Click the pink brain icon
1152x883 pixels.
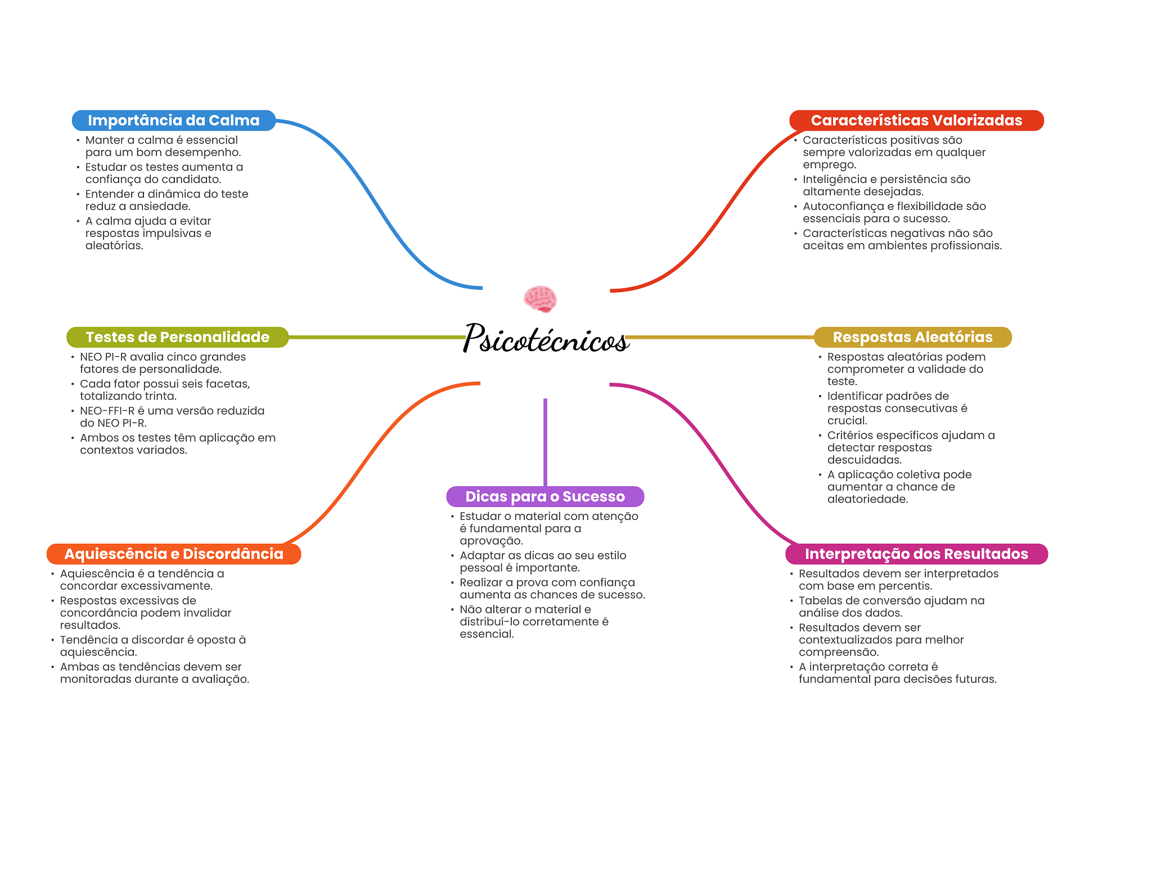(540, 299)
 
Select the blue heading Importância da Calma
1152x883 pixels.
(173, 120)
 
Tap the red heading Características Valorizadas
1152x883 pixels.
(916, 120)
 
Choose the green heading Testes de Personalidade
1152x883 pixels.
(177, 337)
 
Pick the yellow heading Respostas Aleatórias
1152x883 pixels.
(912, 337)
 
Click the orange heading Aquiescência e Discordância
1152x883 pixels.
(174, 554)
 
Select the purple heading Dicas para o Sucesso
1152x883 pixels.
(545, 496)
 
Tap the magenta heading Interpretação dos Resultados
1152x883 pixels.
(916, 554)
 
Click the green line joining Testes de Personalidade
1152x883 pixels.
(377, 337)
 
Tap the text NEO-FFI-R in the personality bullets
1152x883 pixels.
(107, 411)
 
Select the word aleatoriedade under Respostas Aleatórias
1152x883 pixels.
(867, 499)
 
